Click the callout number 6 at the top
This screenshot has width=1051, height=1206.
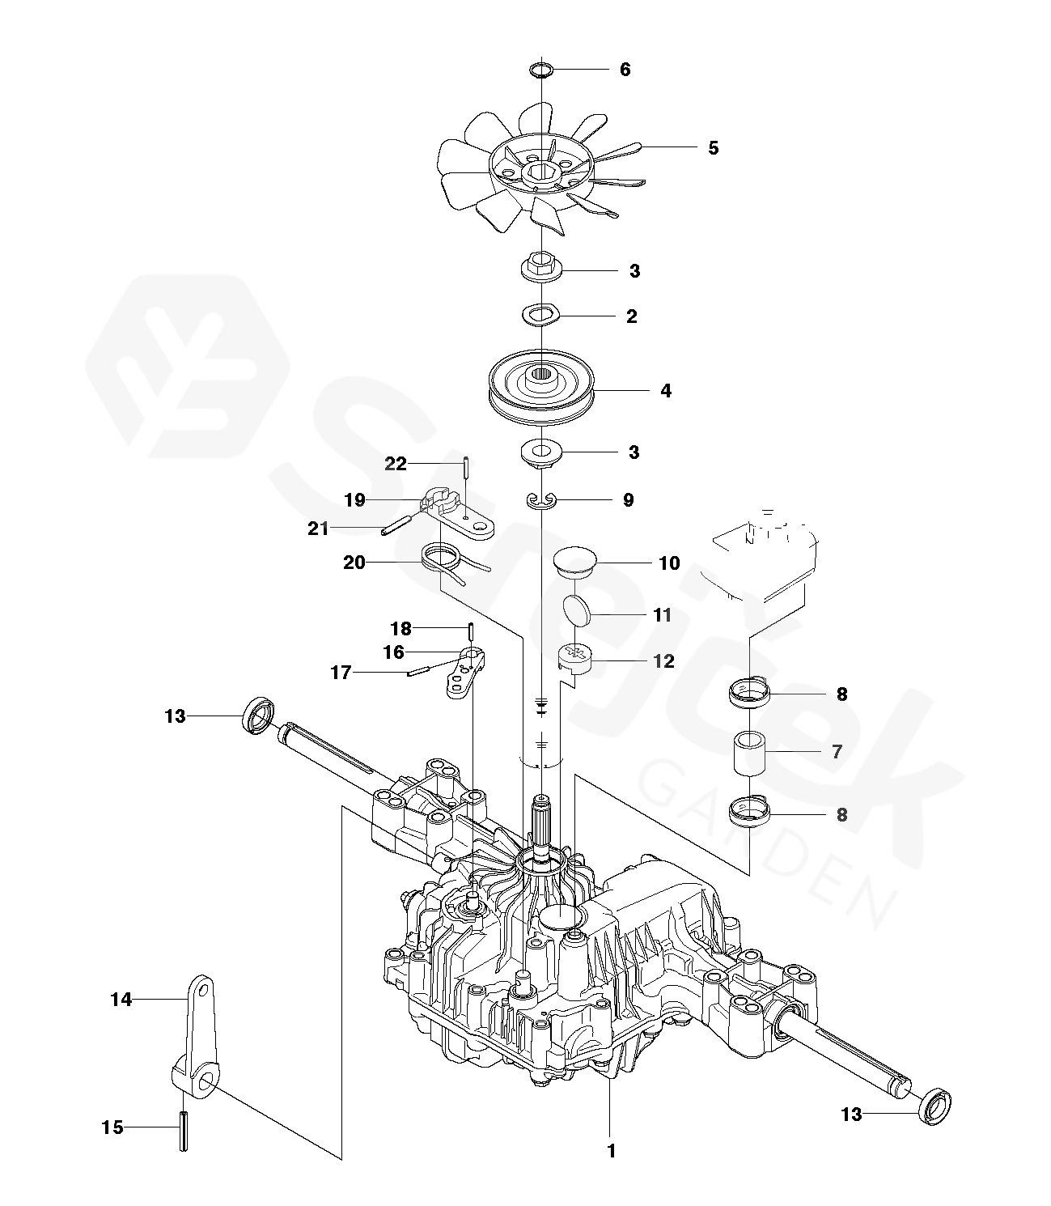point(625,70)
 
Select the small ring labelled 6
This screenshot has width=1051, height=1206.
point(541,70)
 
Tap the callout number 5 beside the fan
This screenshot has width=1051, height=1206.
point(714,148)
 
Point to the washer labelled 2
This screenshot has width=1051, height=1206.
point(541,315)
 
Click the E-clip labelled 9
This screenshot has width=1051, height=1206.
point(541,500)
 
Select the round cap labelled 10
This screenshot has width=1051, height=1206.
point(575,562)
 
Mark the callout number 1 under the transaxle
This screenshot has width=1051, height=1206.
point(611,1151)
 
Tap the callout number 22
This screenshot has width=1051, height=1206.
point(396,464)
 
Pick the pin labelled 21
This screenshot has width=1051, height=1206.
point(396,524)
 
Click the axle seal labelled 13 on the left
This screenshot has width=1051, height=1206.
point(258,715)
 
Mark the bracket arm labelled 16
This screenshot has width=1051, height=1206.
point(465,673)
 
